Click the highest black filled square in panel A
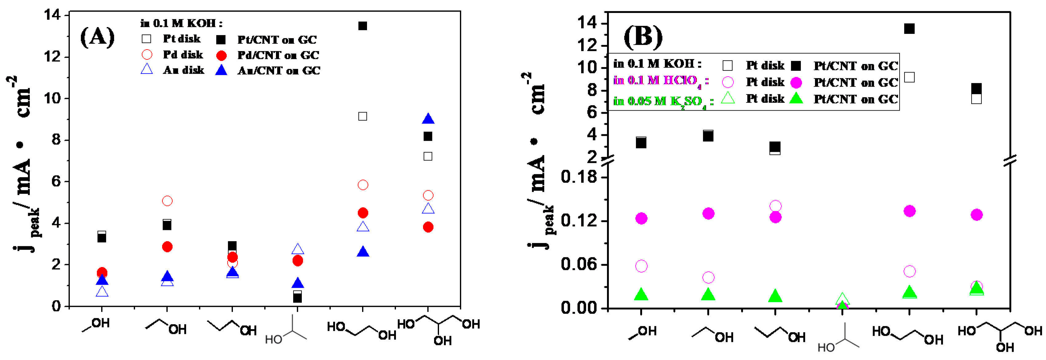click(363, 26)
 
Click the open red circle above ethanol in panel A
click(167, 201)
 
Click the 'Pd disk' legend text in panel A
click(183, 55)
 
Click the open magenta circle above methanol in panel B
click(641, 266)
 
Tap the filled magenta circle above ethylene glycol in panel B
click(910, 211)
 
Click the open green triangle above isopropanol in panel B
click(842, 299)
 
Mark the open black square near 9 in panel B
click(910, 77)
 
